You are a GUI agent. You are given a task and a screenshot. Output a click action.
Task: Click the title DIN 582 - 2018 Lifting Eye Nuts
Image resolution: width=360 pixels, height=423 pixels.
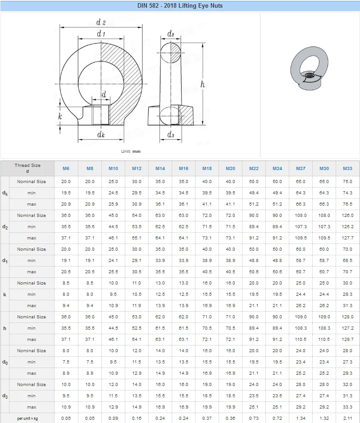coord(180,6)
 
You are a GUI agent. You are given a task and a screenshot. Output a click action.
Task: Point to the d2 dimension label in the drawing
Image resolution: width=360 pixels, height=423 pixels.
coord(101,22)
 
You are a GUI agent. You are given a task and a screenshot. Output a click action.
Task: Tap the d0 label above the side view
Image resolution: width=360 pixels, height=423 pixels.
coord(171,34)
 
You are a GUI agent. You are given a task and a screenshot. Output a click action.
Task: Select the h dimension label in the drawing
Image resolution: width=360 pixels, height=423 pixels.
coord(203,84)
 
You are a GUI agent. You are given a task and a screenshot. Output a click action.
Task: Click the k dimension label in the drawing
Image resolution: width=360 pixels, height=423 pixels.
coord(60,116)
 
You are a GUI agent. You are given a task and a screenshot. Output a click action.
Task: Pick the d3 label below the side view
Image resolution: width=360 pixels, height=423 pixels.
coord(171,134)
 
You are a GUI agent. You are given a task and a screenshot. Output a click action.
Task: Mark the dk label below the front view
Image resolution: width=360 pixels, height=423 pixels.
coord(101,134)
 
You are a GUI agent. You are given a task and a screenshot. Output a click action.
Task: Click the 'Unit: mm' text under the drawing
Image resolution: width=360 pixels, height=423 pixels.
coord(131,152)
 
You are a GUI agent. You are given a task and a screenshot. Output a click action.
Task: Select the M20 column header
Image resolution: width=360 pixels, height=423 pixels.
coord(230,168)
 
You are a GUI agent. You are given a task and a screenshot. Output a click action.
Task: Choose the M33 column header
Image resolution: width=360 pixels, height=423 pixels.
coord(347,168)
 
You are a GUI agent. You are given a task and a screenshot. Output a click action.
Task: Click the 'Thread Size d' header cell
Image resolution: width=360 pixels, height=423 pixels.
coord(27,168)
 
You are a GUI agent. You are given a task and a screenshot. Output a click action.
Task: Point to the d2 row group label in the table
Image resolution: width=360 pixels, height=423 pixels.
coord(5,227)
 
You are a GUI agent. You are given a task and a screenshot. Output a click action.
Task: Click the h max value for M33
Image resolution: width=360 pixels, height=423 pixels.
coord(347,340)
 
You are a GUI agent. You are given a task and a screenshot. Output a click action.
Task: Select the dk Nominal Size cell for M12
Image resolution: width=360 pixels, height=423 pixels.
coord(137,182)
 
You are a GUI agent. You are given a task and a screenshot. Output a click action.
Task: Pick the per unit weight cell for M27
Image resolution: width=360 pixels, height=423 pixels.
coord(301,418)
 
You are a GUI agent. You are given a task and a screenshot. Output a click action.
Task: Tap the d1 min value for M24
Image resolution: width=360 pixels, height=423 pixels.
coord(277,261)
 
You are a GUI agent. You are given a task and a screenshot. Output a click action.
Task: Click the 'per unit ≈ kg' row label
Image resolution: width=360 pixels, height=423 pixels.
coord(27,418)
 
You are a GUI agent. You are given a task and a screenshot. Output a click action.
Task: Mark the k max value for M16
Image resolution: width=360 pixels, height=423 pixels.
coord(183,306)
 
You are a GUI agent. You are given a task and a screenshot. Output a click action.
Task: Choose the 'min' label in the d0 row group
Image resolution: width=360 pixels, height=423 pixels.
coord(32,362)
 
